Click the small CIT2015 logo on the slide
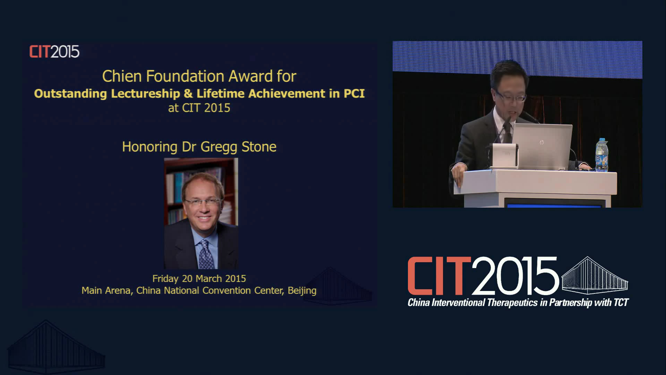coord(54,52)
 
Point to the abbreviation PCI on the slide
coord(354,93)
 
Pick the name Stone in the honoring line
coord(259,147)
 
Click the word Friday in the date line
coord(165,279)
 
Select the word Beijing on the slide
coord(302,291)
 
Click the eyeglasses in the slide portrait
coord(202,202)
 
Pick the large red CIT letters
coord(439,276)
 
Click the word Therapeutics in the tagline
coord(512,303)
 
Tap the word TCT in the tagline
coord(621,303)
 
